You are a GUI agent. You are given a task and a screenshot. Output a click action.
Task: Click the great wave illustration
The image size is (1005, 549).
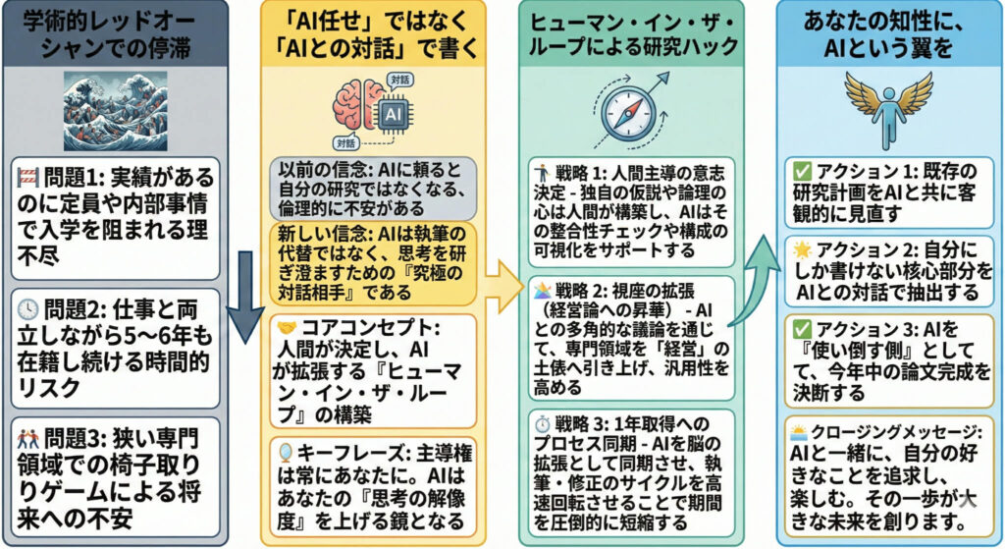click(116, 111)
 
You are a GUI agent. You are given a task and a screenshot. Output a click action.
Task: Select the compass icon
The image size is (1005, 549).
click(631, 110)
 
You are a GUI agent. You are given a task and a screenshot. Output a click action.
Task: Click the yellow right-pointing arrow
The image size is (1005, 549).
click(505, 287)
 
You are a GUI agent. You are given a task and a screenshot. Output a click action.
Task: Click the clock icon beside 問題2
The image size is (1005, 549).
click(28, 309)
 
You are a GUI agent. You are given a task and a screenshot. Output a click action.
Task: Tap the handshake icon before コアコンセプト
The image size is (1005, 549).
click(287, 328)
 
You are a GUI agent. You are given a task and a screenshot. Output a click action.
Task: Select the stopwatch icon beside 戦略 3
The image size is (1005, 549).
click(543, 424)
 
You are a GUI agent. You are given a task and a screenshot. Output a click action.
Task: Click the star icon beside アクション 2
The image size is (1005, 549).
click(802, 248)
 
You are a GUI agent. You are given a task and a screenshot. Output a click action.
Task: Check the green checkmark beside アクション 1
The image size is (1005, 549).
click(802, 171)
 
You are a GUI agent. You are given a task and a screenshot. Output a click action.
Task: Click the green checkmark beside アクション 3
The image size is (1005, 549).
click(802, 330)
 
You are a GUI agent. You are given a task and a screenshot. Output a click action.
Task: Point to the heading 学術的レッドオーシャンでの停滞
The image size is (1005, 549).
click(116, 34)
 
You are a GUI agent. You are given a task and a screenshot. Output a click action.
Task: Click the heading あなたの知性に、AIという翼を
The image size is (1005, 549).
click(888, 34)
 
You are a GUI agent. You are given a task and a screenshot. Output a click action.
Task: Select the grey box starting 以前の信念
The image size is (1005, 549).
click(374, 189)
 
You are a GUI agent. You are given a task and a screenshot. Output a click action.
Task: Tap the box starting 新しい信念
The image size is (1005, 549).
click(374, 263)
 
